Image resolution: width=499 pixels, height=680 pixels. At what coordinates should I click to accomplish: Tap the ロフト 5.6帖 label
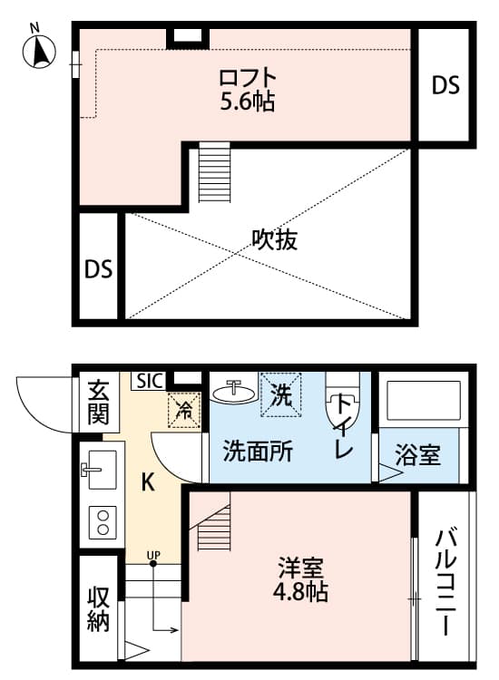[248, 87]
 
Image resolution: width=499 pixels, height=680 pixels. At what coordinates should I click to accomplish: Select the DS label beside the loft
[445, 86]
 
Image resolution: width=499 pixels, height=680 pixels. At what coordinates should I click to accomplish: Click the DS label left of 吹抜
[98, 269]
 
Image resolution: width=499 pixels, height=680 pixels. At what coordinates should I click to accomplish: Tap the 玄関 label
[97, 403]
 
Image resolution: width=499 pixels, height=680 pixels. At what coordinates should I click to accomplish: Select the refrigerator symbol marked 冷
[184, 408]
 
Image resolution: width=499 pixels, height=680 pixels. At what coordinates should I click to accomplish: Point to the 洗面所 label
[258, 451]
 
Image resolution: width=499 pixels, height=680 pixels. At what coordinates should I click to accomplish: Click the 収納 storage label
[99, 609]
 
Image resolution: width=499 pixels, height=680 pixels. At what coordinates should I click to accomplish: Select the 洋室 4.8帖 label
[301, 581]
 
